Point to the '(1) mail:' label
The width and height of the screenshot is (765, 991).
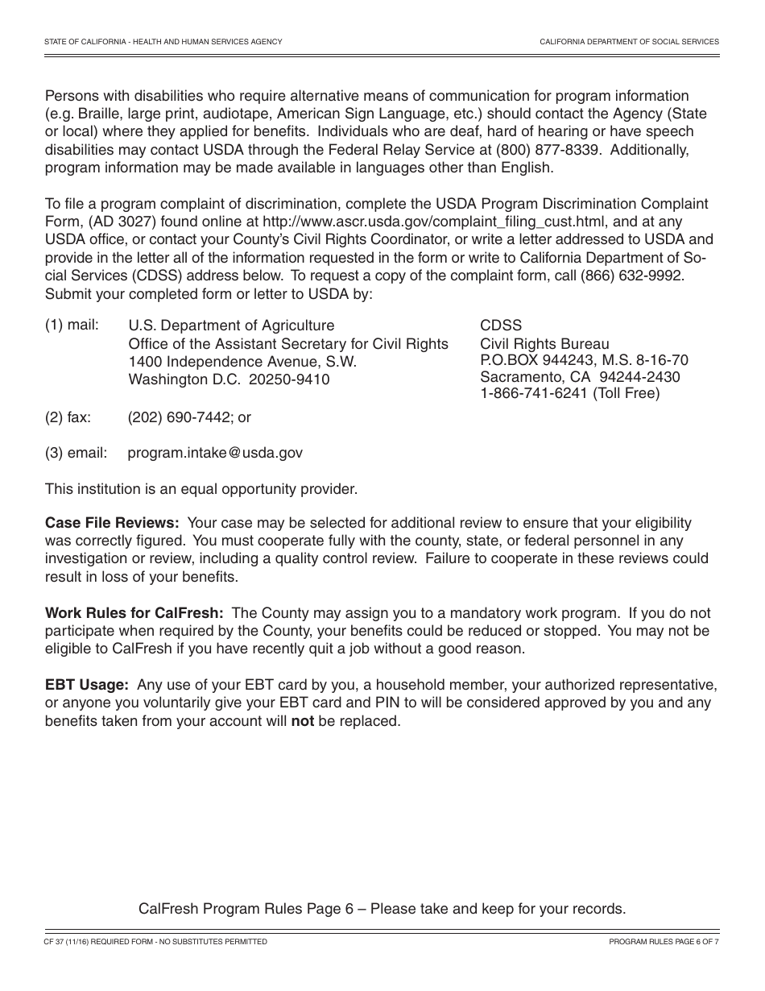tap(72, 325)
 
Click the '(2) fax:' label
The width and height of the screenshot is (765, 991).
tap(68, 417)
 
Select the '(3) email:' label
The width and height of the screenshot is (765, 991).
tap(76, 453)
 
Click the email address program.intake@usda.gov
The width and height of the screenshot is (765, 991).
tap(215, 453)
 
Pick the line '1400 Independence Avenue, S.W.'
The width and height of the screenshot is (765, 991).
tap(242, 362)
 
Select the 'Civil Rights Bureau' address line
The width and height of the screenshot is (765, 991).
tap(544, 344)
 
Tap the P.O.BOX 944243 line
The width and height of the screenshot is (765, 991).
tap(584, 360)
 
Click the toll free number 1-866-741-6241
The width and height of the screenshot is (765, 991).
tap(534, 394)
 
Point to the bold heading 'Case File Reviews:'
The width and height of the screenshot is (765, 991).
tap(112, 523)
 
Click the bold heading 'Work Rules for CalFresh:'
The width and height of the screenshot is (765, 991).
tap(134, 613)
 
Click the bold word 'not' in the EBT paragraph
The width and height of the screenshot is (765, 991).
tap(302, 721)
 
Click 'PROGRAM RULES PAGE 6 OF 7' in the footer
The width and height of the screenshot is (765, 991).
tap(664, 942)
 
